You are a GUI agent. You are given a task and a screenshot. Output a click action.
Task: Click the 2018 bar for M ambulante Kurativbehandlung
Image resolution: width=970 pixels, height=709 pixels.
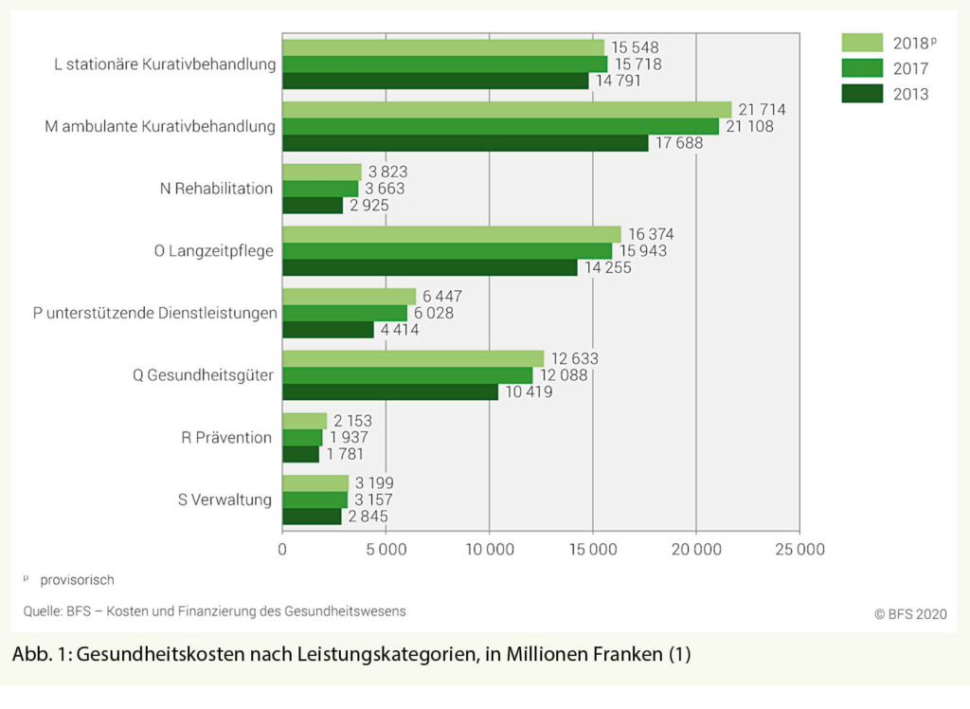[507, 110]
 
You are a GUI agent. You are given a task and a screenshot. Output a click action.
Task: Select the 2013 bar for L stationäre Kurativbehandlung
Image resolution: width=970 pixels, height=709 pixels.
[436, 81]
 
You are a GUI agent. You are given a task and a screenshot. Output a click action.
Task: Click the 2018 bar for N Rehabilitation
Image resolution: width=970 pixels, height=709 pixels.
[322, 172]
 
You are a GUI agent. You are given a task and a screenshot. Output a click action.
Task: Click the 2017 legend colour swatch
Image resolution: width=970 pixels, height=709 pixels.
[861, 68]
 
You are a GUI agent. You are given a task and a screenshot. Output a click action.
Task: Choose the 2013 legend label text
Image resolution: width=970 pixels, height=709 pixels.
[910, 94]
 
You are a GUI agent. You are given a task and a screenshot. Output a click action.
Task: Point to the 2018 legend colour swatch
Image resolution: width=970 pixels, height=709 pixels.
[861, 43]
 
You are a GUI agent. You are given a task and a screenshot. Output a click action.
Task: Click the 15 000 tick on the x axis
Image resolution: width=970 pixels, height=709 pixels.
[593, 550]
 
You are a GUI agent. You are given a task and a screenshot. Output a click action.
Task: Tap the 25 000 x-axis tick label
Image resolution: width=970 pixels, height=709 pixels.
[799, 550]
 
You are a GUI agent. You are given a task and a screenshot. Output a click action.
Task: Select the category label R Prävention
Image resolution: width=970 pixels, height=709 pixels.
[226, 437]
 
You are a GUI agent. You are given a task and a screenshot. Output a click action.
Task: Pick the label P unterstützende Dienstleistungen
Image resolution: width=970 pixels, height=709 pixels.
[154, 313]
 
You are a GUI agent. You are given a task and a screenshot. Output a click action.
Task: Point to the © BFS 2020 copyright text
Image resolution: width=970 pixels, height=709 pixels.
[909, 612]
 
